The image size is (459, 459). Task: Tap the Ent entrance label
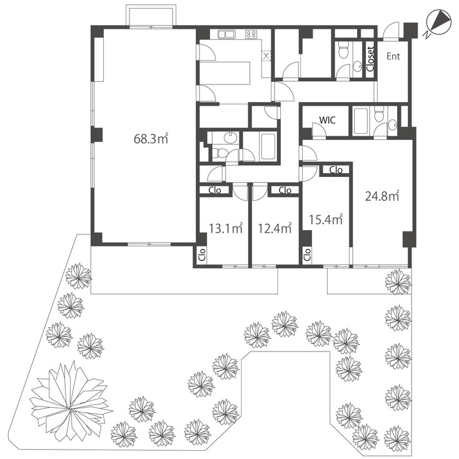pos(393,57)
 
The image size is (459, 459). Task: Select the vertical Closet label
pos(370,60)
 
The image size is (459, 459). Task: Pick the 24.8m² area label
pos(382,196)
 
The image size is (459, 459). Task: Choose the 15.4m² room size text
pos(326,219)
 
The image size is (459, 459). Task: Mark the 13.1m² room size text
pos(225,229)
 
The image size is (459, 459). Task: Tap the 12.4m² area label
pos(275,229)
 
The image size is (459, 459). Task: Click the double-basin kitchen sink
pos(225,34)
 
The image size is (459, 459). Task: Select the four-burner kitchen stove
pos(253,34)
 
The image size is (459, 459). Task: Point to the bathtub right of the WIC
pos(361,121)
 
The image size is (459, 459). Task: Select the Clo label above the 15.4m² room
pos(336,169)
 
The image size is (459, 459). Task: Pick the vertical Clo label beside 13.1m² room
pos(201,253)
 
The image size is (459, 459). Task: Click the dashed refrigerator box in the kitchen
pos(266,56)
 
